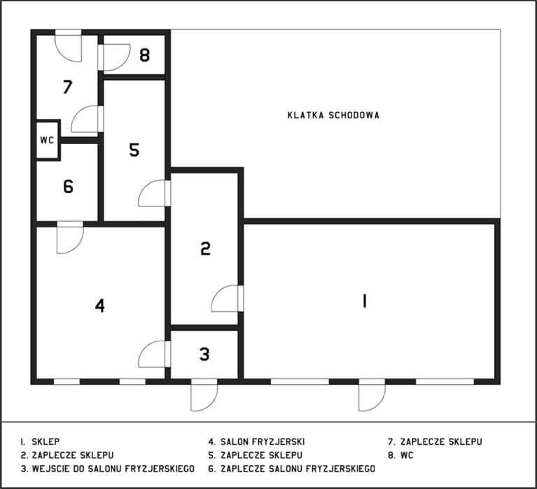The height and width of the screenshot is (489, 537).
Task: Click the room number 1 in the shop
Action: click(364, 301)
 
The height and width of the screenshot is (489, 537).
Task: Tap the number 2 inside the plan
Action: click(205, 248)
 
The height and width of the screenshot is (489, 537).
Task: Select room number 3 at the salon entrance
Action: click(204, 354)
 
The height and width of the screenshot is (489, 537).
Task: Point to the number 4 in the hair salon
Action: click(100, 306)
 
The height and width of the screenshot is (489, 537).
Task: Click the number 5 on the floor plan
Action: click(134, 150)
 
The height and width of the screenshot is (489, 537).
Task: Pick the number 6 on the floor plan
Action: click(68, 187)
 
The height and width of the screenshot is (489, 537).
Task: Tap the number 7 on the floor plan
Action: click(67, 87)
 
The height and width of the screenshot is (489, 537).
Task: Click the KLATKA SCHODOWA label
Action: click(333, 115)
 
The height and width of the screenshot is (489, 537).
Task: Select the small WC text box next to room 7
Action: click(47, 140)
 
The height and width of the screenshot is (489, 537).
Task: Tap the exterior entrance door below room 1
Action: click(371, 397)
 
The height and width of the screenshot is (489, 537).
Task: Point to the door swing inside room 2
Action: click(225, 299)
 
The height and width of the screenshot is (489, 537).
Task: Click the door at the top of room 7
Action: click(69, 46)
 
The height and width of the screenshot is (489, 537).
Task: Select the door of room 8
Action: click(115, 57)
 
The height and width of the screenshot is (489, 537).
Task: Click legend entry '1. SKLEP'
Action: click(40, 442)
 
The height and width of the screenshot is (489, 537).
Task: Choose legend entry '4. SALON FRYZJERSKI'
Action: click(256, 442)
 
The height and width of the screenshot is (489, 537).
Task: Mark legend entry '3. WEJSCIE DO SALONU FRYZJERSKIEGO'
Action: click(107, 467)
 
